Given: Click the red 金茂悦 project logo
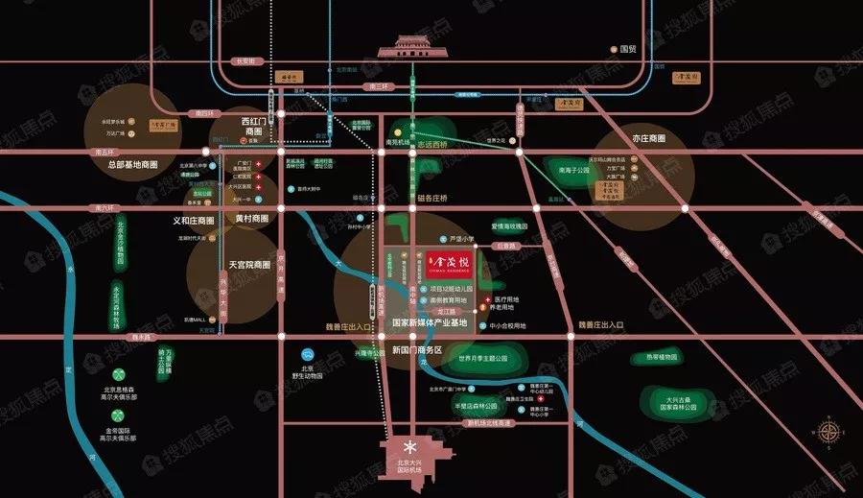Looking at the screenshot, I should click(x=452, y=262).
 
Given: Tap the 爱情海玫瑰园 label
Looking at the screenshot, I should click(x=510, y=226).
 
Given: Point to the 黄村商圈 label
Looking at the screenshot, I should click(x=252, y=219).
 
